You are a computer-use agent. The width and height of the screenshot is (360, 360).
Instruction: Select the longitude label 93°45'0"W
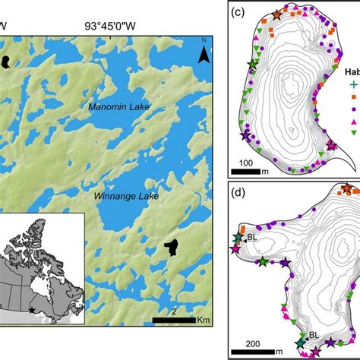pos(116,24)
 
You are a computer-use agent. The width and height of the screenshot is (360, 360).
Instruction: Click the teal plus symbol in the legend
pos(352,85)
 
